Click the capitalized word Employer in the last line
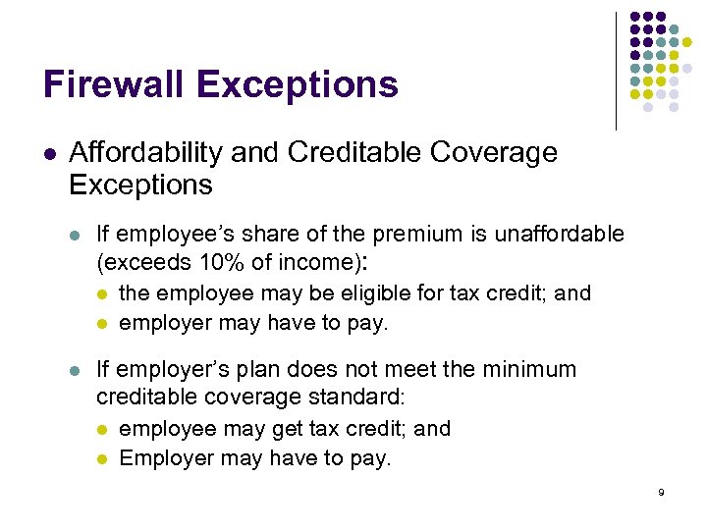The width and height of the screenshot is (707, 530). coord(160,457)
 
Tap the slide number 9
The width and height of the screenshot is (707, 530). coord(661,492)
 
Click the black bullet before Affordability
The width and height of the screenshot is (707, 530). coord(49,154)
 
